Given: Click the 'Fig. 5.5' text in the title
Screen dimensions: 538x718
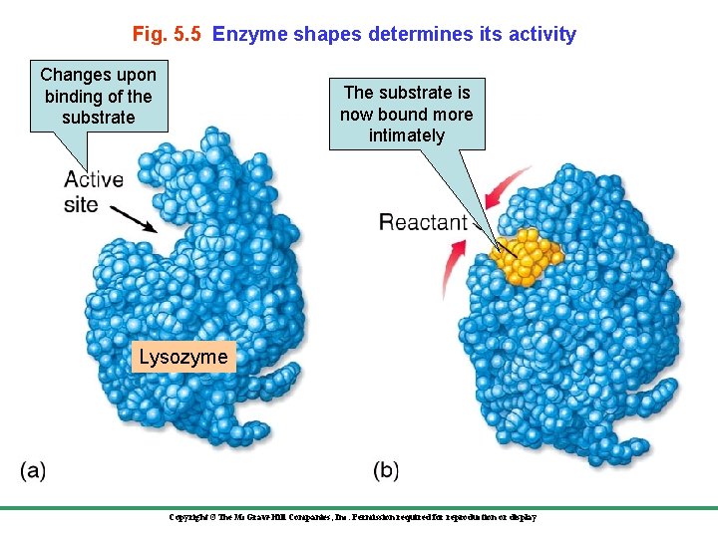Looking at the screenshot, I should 168,34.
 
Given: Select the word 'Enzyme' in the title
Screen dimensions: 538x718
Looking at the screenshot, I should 245,34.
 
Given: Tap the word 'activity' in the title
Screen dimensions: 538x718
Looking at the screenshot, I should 540,34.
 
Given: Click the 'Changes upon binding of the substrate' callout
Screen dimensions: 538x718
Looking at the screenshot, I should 98,97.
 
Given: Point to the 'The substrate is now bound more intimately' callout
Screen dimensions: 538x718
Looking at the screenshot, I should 406,114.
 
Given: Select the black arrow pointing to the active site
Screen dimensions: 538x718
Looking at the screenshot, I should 134,218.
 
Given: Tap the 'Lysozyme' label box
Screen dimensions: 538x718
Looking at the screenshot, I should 183,357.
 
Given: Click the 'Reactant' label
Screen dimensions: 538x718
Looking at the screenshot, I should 423,222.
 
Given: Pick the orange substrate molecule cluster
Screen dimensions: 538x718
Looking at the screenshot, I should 528,257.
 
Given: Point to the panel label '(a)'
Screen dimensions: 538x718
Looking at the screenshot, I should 33,470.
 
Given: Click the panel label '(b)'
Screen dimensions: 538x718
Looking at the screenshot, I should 385,470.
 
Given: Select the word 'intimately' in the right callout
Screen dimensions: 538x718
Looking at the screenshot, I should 406,135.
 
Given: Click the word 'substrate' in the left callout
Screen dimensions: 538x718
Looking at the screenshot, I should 98,118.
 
